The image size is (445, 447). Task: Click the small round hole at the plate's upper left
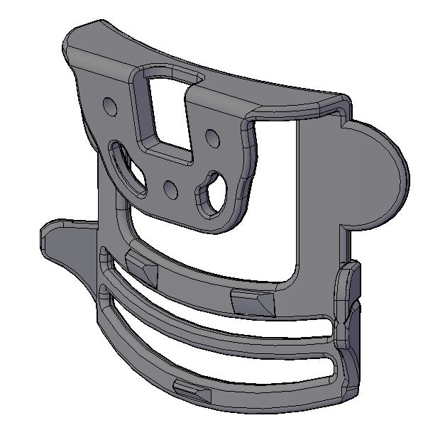109,106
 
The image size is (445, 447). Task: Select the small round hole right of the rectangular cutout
211,136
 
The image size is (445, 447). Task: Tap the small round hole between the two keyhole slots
170,189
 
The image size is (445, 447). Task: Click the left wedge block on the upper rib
141,267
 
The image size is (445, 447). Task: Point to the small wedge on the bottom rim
189,388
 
